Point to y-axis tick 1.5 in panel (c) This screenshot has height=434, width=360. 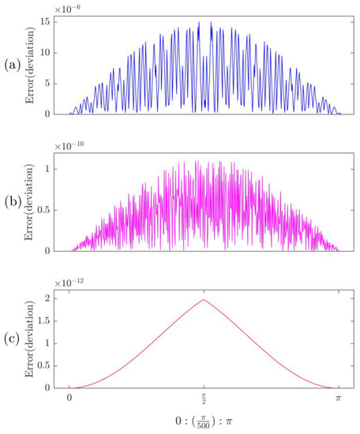[49, 320]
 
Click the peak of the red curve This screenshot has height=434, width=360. [204, 299]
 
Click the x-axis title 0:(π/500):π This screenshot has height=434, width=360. [204, 424]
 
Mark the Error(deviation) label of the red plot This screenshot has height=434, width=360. [32, 336]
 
